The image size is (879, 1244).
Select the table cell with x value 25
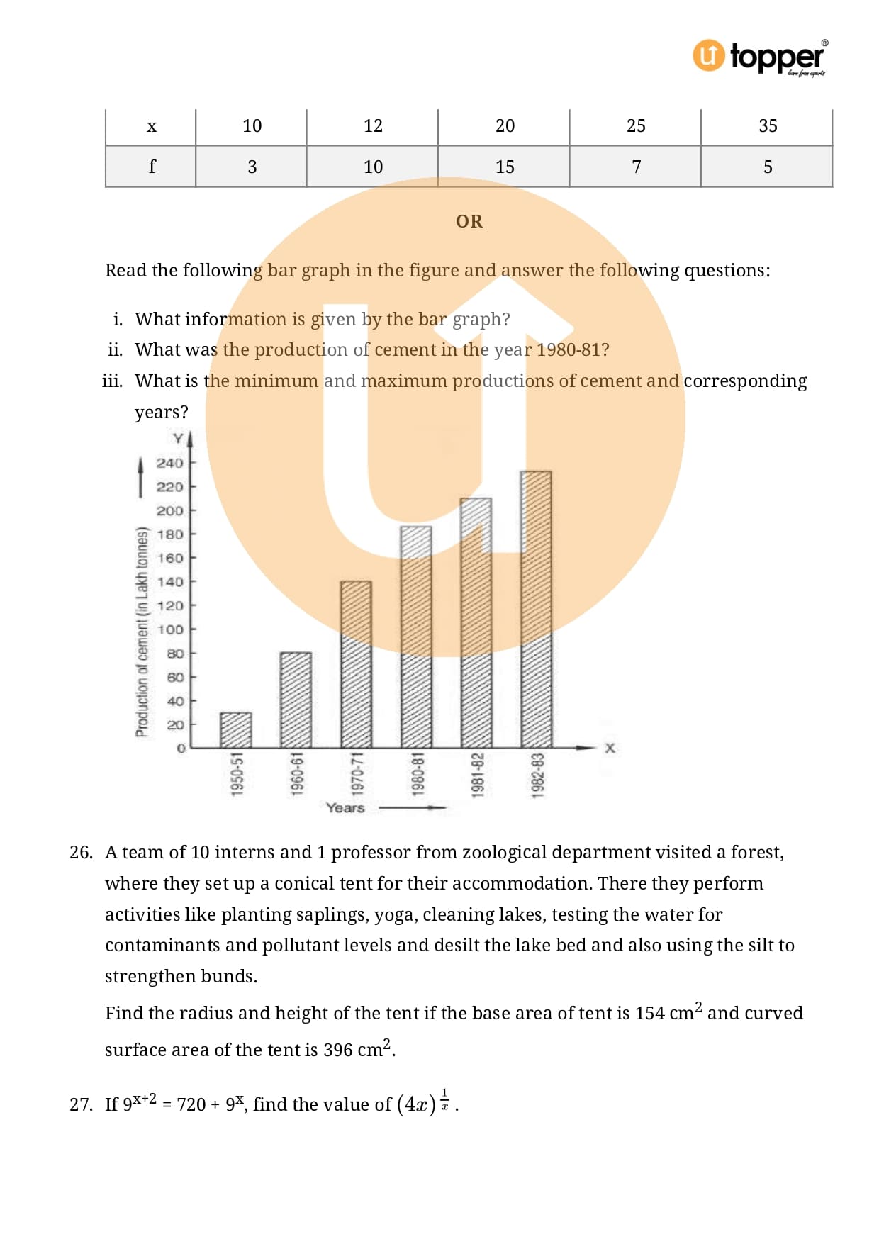636,126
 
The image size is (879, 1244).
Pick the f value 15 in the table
505,167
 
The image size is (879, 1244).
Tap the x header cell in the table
151,127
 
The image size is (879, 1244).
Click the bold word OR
469,222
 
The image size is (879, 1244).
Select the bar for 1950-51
235,730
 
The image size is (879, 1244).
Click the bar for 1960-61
296,700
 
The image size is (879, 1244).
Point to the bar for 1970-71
356,664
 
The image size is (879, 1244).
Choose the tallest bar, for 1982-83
536,610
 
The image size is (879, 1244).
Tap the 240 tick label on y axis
169,463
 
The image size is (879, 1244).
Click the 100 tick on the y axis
169,629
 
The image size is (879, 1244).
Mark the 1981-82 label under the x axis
478,775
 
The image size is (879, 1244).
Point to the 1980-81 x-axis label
418,775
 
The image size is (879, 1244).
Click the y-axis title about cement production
142,632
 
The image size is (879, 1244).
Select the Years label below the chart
345,807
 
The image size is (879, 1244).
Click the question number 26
81,853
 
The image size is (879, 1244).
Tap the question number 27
81,1104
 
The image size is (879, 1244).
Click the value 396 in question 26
338,1050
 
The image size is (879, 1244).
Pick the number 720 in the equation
191,1104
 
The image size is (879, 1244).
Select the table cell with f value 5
767,167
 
